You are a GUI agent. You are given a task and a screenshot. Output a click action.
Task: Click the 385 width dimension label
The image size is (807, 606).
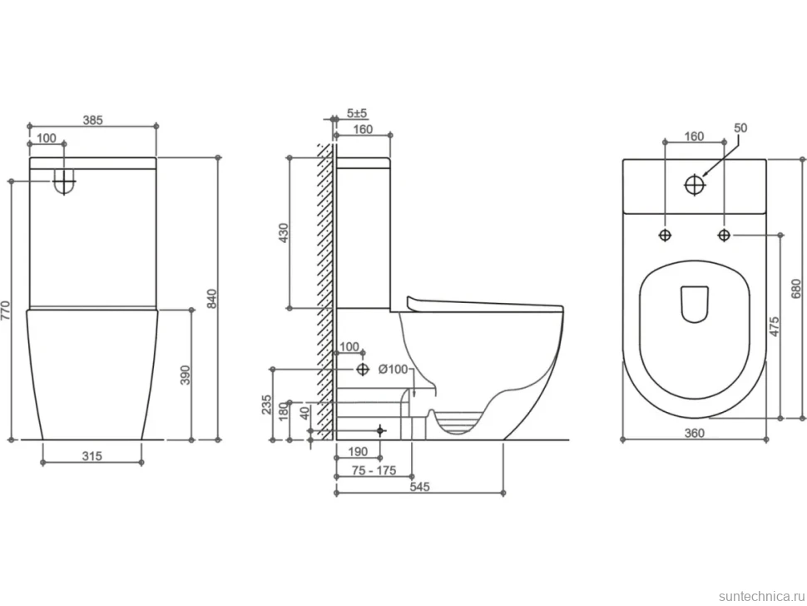93,120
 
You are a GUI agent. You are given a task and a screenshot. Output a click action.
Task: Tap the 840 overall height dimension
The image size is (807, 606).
212,299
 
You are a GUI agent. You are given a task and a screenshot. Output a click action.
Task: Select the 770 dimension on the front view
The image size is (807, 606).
5,311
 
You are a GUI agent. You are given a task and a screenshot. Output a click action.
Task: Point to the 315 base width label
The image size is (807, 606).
92,455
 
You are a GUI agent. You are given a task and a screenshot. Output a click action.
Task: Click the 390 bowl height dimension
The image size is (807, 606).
186,375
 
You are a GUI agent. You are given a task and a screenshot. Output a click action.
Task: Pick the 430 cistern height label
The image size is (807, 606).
283,233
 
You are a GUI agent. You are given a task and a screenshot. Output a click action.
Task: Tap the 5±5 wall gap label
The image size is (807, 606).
357,113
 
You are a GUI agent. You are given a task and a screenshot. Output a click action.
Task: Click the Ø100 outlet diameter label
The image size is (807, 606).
393,369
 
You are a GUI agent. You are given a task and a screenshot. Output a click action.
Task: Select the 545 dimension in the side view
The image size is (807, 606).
420,487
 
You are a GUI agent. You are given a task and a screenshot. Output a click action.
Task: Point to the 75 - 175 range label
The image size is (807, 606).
374,470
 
